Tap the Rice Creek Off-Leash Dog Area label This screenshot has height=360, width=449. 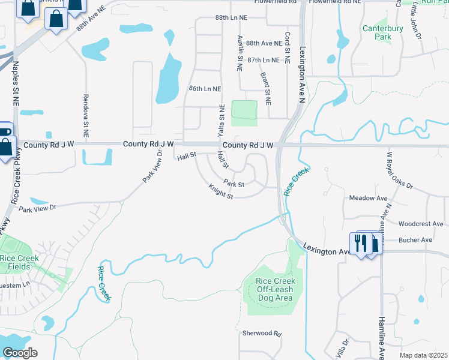click(x=274, y=289)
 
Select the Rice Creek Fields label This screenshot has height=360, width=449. click(x=19, y=262)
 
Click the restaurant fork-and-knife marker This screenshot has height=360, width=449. click(x=360, y=242)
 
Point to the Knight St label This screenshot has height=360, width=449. click(x=220, y=193)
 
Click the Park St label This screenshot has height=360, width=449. click(x=234, y=183)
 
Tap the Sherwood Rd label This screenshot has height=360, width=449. click(x=262, y=333)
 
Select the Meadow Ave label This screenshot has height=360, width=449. click(x=369, y=198)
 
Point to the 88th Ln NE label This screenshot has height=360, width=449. click(x=231, y=19)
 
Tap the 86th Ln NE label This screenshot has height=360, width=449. click(x=205, y=89)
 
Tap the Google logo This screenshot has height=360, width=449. click(x=20, y=353)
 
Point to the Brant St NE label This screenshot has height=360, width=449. click(x=266, y=87)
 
